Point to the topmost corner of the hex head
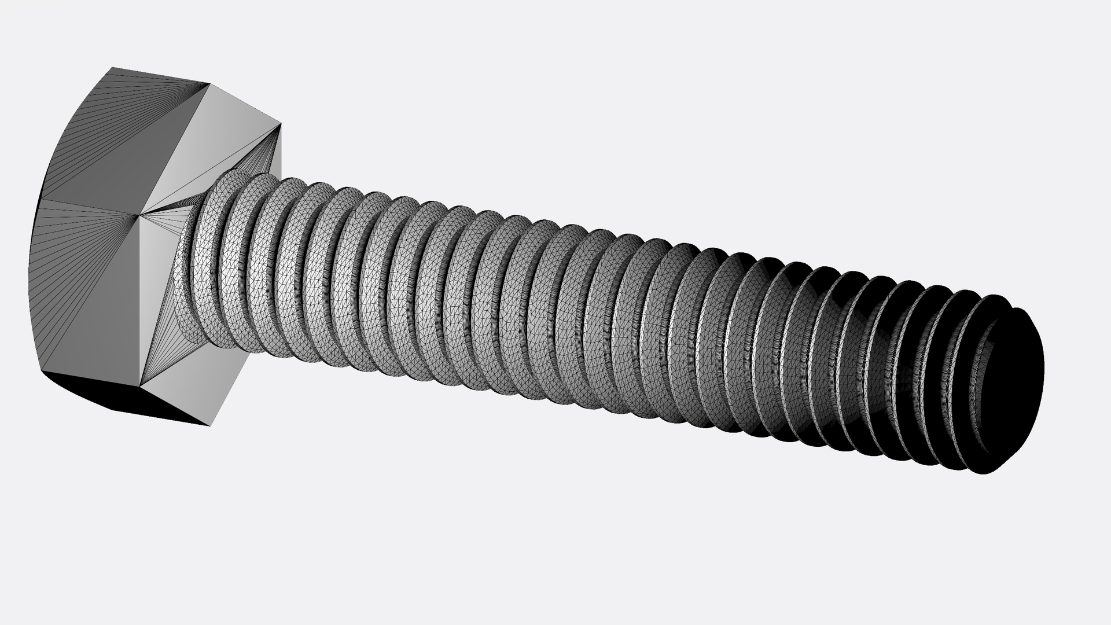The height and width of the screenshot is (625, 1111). tap(112, 68)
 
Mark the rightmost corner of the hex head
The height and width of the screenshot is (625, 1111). tap(281, 124)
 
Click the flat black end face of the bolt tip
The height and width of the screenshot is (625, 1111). tap(1013, 388)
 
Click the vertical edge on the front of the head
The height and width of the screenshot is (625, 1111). tap(141, 301)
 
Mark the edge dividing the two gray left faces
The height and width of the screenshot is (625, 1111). tap(87, 208)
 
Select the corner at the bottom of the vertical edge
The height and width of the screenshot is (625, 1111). tap(142, 385)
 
